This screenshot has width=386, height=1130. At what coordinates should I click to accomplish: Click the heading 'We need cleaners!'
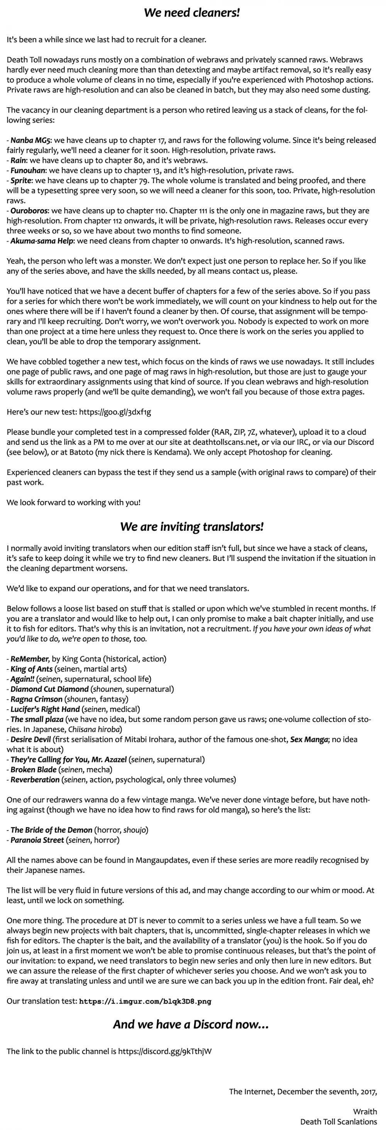[x=192, y=13]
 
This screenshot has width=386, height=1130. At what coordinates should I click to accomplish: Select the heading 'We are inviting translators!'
[x=192, y=526]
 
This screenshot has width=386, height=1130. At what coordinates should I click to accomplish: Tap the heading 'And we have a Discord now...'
[x=191, y=1024]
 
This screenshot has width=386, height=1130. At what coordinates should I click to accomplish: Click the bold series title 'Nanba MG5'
[x=30, y=140]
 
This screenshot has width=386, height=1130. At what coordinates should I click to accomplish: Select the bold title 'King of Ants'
[x=32, y=669]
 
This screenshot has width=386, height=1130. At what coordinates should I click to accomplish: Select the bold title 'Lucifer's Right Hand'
[x=45, y=709]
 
